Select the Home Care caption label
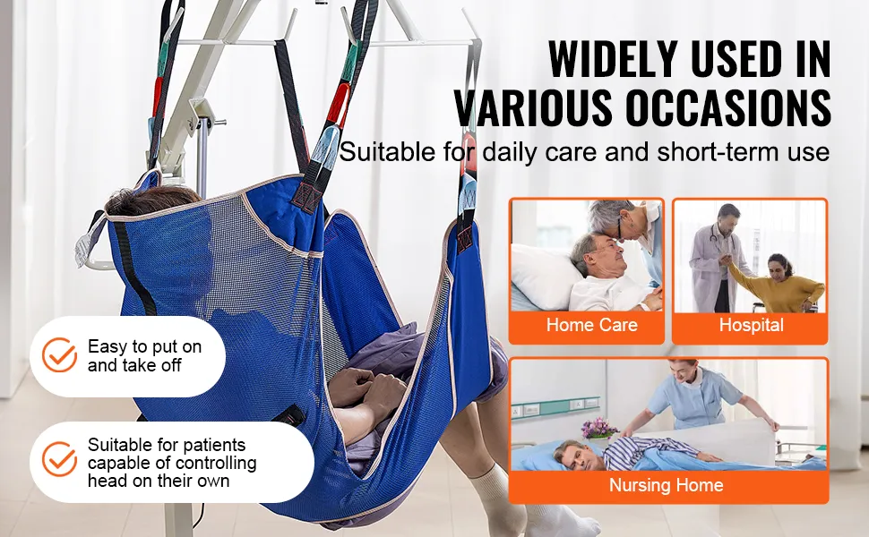tap(592, 324)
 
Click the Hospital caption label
tap(751, 324)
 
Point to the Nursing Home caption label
tap(667, 485)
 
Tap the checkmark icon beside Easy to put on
tap(60, 354)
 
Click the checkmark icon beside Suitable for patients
tap(60, 459)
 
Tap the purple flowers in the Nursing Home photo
tap(599, 429)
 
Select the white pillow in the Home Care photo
tap(546, 277)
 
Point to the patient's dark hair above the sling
tap(152, 200)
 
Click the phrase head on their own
tap(159, 482)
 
